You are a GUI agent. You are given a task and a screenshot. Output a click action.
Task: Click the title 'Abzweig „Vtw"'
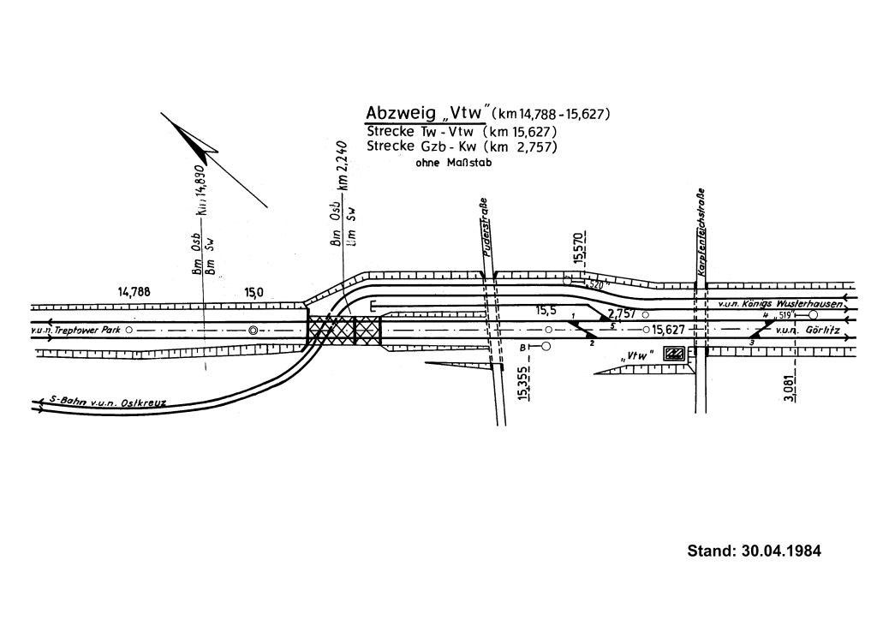[427, 114]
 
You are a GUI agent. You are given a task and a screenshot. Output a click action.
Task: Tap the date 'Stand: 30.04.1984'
[754, 551]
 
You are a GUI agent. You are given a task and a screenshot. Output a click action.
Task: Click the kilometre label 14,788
[134, 292]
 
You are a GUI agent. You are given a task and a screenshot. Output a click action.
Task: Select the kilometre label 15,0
[254, 292]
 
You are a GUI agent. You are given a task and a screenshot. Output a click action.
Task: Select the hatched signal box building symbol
[675, 354]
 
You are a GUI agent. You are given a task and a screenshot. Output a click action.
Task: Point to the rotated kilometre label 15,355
[522, 382]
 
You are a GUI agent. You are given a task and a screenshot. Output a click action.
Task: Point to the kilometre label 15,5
[547, 310]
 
